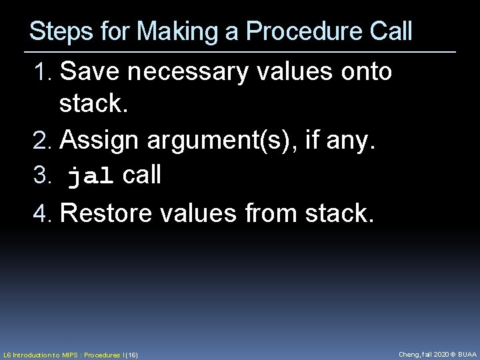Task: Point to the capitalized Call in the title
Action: pos(390,32)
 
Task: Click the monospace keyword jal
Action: pos(91,177)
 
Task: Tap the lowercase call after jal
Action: pos(142,175)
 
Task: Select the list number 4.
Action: pos(42,213)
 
